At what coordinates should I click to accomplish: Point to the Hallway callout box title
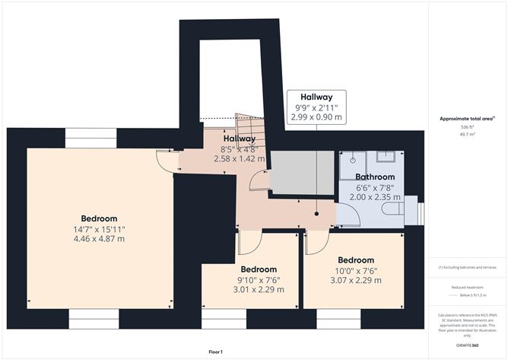(x=316, y=97)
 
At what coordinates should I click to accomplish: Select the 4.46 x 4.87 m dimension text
(x=100, y=238)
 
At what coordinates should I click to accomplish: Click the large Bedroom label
(x=100, y=217)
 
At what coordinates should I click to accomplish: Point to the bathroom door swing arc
(x=344, y=218)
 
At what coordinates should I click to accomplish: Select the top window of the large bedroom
(x=90, y=138)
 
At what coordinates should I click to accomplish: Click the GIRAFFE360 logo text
(x=468, y=345)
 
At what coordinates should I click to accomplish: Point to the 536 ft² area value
(x=467, y=126)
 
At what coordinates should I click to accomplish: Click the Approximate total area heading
(x=467, y=118)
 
